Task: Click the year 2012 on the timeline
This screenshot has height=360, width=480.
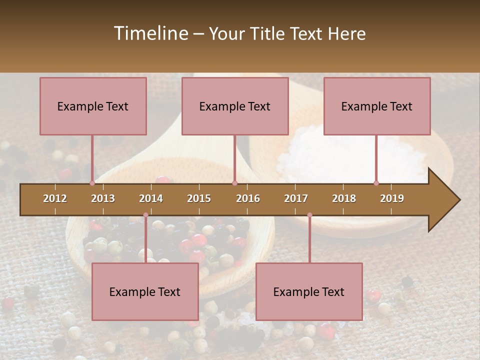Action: click(x=55, y=198)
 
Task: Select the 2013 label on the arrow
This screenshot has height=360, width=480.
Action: click(x=103, y=198)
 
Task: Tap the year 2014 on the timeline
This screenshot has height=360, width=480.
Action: click(x=151, y=198)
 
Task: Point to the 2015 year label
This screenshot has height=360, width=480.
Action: click(x=199, y=198)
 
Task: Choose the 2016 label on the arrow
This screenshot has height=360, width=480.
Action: click(x=248, y=198)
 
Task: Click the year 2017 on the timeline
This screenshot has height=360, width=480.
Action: click(x=296, y=198)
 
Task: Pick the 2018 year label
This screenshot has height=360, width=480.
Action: click(x=344, y=198)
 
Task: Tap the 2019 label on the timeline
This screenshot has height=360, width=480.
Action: click(x=392, y=198)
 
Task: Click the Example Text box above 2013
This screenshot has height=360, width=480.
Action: click(x=93, y=106)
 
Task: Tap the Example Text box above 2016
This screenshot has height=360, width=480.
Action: click(x=235, y=106)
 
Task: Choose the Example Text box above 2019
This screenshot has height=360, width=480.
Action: click(x=377, y=106)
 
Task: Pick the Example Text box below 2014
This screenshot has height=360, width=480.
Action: click(x=145, y=291)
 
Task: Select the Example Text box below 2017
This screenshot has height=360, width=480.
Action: click(x=309, y=291)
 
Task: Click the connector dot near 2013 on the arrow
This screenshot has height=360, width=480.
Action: click(x=92, y=183)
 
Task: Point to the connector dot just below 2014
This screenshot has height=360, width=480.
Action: click(x=145, y=215)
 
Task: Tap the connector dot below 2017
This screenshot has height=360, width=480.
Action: click(x=309, y=215)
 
